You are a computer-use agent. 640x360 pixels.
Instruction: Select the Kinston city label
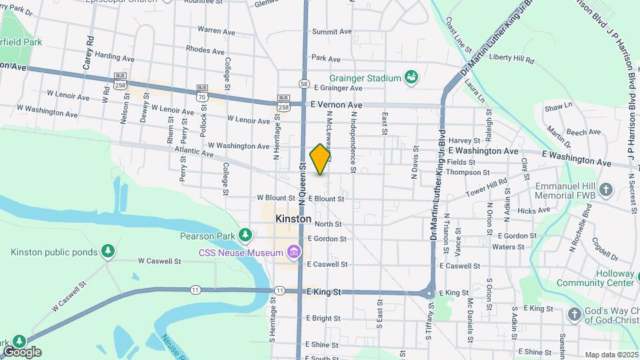coord(293,219)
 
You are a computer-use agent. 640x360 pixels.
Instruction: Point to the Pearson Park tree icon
coord(246,235)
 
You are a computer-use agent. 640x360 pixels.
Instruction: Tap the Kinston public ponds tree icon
coord(107,251)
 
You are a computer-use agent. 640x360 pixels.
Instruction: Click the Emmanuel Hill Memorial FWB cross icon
coord(605,191)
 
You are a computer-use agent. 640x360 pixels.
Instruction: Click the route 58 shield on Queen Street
coord(304,84)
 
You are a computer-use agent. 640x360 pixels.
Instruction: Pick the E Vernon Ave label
coord(337,105)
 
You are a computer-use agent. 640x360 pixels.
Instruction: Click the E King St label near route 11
coord(323,292)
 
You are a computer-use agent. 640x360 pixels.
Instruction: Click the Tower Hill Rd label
coord(487,186)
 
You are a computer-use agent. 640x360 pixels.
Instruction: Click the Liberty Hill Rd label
coord(512,59)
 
